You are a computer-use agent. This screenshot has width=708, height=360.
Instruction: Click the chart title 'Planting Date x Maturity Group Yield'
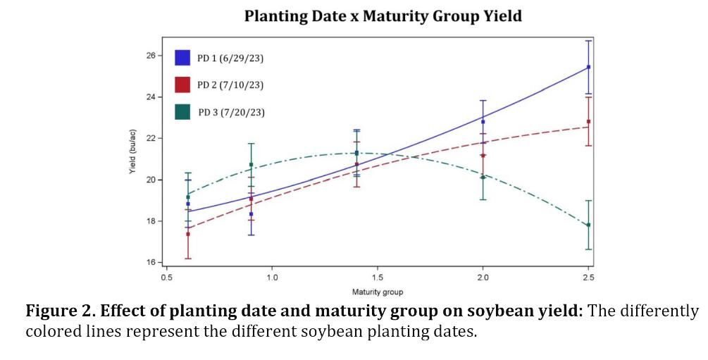(383, 16)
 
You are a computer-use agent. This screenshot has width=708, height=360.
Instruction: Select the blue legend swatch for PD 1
(182, 58)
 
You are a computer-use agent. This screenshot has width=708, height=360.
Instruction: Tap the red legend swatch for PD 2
(182, 85)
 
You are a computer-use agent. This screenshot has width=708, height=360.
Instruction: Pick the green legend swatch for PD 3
(182, 111)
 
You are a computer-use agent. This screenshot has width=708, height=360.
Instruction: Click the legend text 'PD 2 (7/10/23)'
(230, 85)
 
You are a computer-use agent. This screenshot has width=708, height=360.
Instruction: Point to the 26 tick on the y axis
(150, 55)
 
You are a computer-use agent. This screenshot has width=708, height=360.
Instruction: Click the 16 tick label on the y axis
(150, 263)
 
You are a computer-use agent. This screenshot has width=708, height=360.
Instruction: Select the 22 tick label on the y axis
(150, 138)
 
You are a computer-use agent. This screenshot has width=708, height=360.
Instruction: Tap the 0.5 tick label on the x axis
(166, 278)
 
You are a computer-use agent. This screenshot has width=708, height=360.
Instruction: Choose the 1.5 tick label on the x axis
(377, 278)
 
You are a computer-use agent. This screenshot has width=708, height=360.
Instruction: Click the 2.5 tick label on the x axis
(588, 278)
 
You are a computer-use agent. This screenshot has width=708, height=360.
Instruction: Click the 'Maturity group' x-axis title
(378, 292)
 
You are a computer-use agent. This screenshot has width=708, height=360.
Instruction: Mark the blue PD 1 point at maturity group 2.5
(588, 67)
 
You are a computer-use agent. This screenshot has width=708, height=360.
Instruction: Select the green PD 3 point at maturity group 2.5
(588, 225)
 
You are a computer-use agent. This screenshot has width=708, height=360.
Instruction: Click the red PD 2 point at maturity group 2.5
(588, 121)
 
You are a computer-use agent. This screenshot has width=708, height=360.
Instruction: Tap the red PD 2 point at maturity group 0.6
(187, 234)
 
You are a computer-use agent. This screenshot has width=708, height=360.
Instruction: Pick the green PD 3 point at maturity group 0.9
(251, 165)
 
